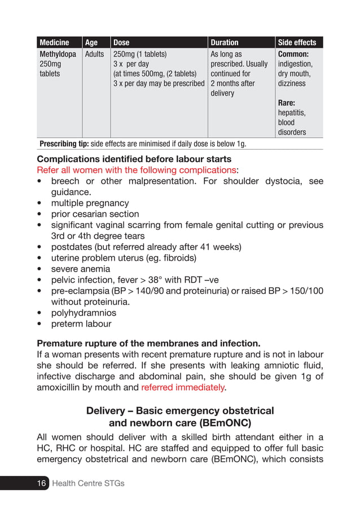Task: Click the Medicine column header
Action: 54,42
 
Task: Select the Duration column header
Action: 225,42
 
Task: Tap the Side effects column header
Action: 297,42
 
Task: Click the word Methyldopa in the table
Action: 58,55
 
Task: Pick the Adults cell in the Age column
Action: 94,55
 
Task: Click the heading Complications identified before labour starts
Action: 134,159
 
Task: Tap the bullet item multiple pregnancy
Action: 90,203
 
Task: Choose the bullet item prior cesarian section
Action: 95,214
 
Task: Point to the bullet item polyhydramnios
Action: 84,313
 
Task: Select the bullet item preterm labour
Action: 81,324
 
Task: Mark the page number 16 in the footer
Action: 41,483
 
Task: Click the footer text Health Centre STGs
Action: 88,483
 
